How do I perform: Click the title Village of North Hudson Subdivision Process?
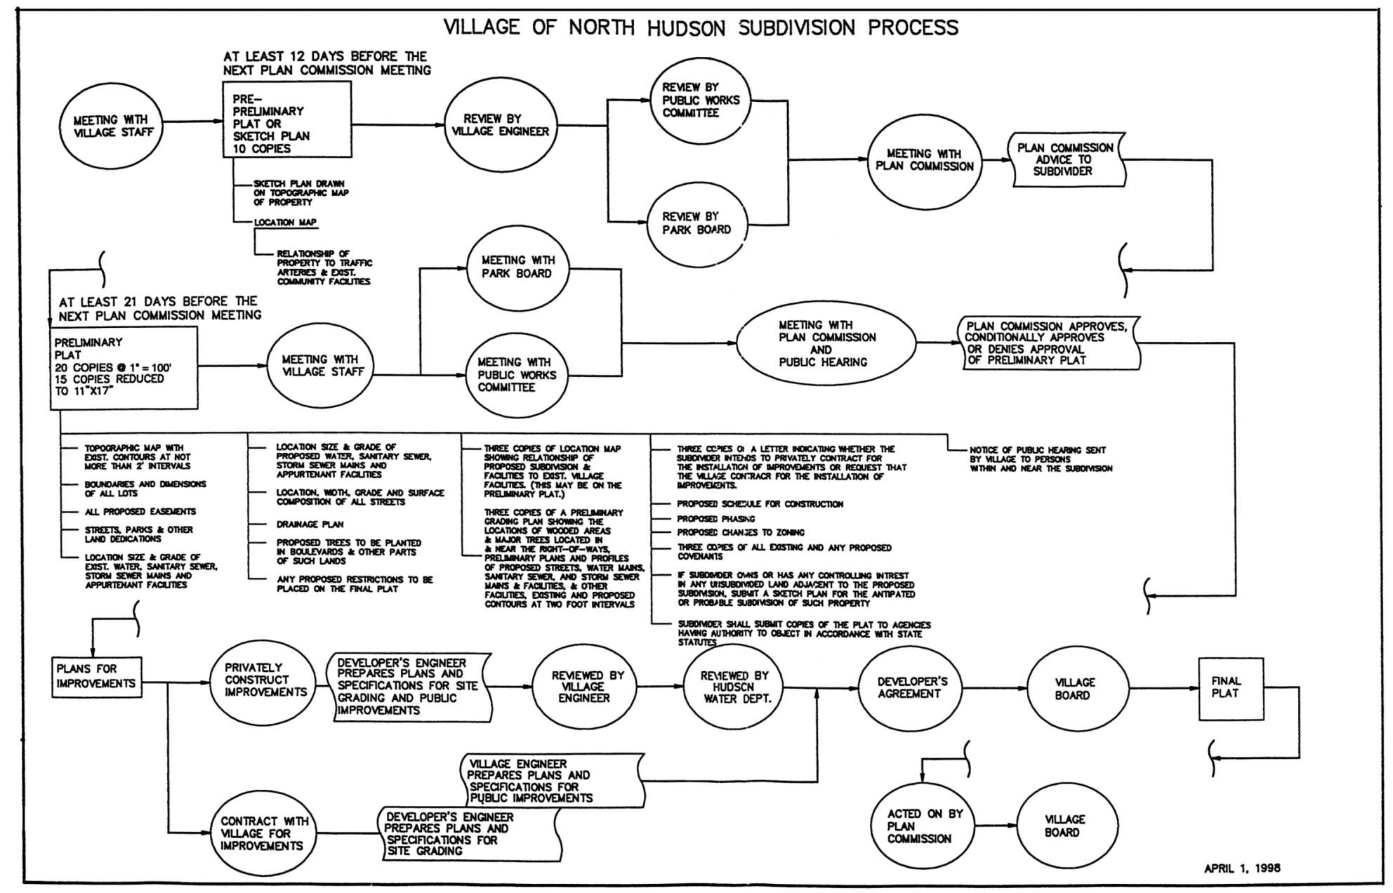(x=701, y=27)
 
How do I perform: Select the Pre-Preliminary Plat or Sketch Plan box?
(x=286, y=119)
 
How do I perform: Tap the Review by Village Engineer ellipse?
(x=500, y=126)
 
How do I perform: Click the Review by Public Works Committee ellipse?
(x=700, y=100)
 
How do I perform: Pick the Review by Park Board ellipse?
(x=696, y=223)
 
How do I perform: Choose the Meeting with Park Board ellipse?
(x=517, y=267)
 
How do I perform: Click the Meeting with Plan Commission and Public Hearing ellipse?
(x=826, y=344)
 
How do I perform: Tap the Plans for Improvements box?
(x=97, y=677)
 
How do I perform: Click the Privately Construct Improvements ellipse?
(x=265, y=680)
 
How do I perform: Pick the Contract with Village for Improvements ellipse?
(x=263, y=834)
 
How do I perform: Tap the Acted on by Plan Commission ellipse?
(x=920, y=826)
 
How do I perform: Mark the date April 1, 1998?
(x=1241, y=868)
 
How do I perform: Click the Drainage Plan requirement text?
(x=310, y=524)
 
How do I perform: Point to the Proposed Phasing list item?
(x=715, y=519)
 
